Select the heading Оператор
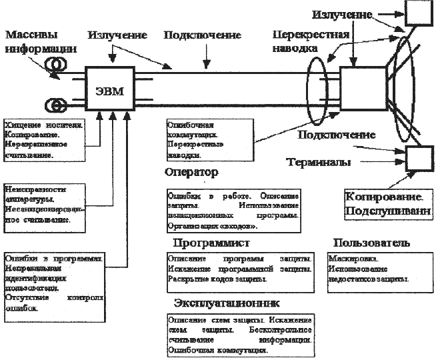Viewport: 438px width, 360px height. pyautogui.click(x=191, y=173)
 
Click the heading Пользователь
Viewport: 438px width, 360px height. pyautogui.click(x=371, y=243)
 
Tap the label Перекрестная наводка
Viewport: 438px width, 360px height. pyautogui.click(x=305, y=42)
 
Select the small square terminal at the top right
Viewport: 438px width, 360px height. pyautogui.click(x=421, y=11)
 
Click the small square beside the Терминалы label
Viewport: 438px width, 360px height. pyautogui.click(x=420, y=159)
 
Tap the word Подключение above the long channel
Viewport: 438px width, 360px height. pyautogui.click(x=193, y=33)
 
